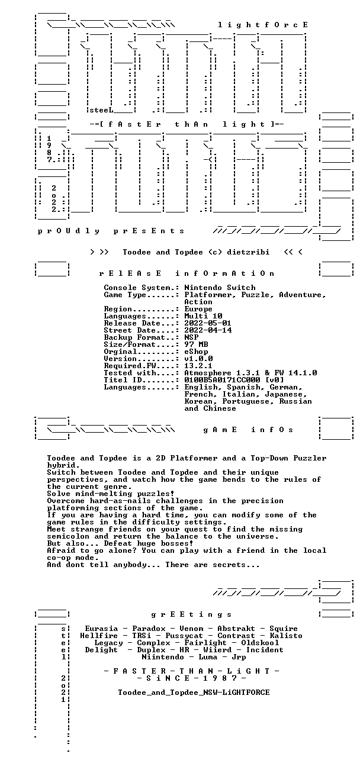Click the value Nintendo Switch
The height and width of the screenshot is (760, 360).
coord(220,288)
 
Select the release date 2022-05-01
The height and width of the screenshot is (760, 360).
coord(208,323)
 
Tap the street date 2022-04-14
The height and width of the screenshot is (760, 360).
coord(208,330)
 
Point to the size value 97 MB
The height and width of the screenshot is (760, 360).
coord(196,344)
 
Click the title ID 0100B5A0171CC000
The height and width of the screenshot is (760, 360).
coord(222,381)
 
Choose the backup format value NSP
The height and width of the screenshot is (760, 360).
coord(191,337)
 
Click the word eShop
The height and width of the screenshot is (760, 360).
coord(196,352)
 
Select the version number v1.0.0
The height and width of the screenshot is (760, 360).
coord(198,359)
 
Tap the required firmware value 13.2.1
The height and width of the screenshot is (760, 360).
coord(198,366)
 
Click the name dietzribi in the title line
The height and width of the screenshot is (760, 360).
coord(248,252)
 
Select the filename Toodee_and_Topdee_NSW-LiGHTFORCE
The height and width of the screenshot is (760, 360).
coord(194,693)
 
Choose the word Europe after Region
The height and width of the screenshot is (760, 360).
coord(198,309)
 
